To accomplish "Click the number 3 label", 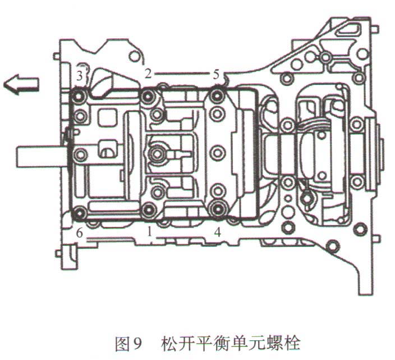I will (80, 75).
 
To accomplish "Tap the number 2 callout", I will (148, 72).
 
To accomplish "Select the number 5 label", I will (217, 74).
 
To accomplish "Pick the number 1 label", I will (149, 231).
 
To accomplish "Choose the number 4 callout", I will (217, 231).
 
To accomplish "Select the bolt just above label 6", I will (80, 212).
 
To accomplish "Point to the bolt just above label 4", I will (217, 209).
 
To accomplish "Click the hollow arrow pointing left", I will (21, 84).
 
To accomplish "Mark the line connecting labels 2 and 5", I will (182, 73).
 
